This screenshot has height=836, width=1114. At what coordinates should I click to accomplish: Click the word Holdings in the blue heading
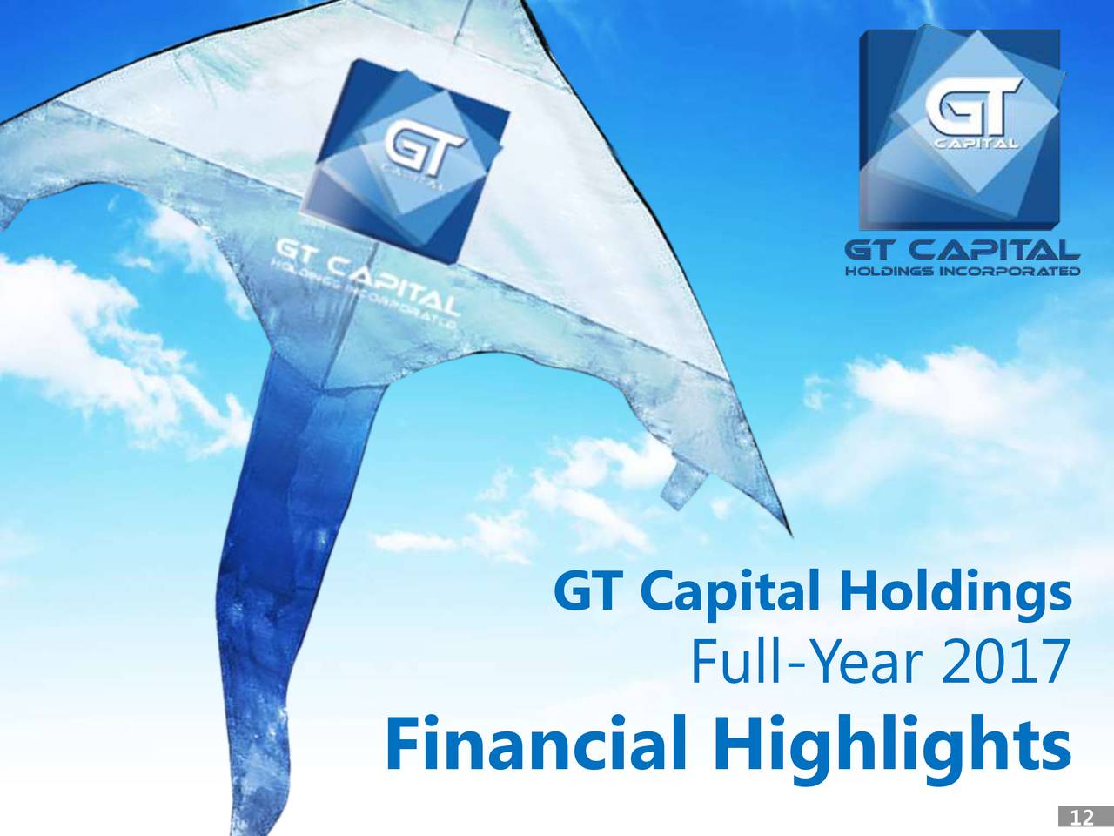pyautogui.click(x=955, y=597)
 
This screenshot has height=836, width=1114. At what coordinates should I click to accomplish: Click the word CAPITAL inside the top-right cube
pyautogui.click(x=979, y=144)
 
